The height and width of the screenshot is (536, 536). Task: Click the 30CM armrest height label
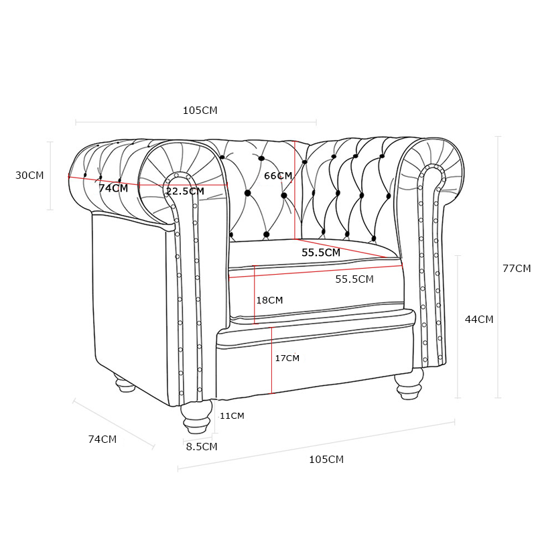[29, 176]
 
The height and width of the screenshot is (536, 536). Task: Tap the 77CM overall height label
[517, 269]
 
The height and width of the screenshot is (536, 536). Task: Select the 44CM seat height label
[479, 320]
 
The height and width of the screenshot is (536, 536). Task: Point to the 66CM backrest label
[278, 176]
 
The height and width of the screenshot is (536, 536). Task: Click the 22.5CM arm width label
[185, 191]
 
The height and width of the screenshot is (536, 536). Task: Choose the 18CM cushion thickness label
[270, 300]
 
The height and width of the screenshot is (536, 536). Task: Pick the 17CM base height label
[287, 358]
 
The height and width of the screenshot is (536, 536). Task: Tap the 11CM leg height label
[232, 415]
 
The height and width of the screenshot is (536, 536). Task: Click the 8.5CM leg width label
[202, 446]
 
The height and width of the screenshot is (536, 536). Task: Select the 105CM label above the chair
[200, 111]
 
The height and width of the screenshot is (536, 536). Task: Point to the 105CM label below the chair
[326, 459]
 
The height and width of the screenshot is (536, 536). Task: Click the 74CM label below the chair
[103, 440]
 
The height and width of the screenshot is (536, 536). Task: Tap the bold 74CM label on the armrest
[113, 188]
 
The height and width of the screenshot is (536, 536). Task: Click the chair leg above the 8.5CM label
[196, 417]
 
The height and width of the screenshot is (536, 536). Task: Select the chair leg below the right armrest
[409, 385]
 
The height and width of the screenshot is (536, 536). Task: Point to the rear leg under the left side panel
[124, 383]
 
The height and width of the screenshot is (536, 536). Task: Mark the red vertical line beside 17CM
[272, 360]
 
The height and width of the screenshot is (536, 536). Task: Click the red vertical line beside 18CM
[255, 295]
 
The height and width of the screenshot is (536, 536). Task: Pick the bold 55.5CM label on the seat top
[321, 253]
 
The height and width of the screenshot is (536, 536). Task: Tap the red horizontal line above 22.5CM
[184, 186]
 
